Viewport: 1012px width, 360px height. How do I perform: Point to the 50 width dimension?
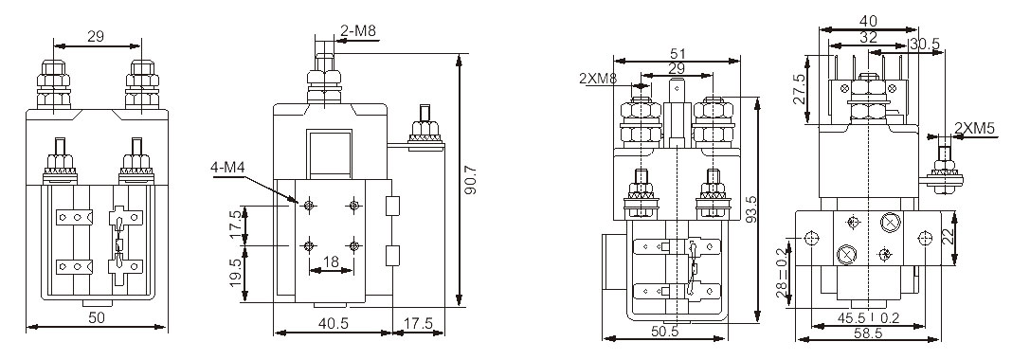point(96,318)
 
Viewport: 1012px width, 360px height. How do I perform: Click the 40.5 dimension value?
point(333,323)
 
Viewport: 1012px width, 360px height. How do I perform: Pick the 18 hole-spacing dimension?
point(331,261)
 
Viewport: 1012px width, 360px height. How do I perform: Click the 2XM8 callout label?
point(600,79)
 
